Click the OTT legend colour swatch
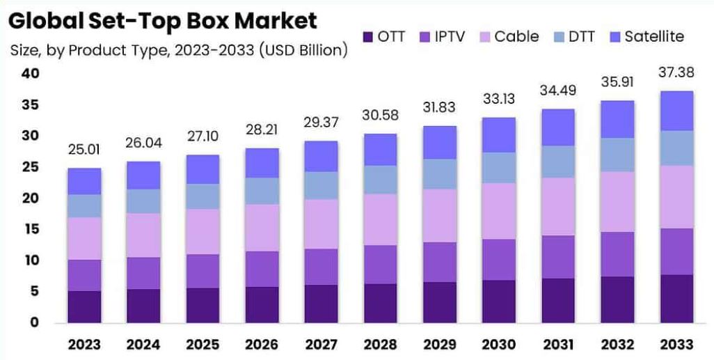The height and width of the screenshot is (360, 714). (x=367, y=37)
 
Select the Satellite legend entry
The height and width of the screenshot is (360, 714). (x=653, y=36)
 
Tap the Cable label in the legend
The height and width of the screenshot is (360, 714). (x=518, y=36)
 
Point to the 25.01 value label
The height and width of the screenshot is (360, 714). (x=84, y=150)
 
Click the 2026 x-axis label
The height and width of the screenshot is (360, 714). (x=260, y=345)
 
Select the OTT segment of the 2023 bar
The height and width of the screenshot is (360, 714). (x=84, y=306)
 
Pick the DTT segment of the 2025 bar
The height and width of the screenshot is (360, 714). (x=202, y=196)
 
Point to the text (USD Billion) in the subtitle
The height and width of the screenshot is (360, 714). (x=303, y=51)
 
